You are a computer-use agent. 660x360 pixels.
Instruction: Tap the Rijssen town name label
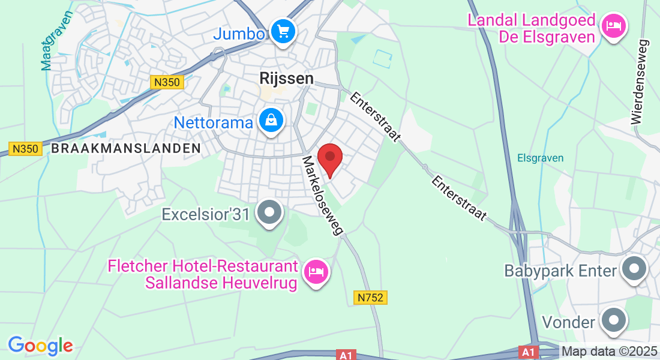tap(287, 78)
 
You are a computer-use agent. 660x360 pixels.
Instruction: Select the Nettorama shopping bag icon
tap(271, 121)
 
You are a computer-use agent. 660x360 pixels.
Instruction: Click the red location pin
tap(329, 158)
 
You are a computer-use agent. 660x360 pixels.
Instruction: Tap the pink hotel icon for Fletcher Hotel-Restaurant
tap(315, 272)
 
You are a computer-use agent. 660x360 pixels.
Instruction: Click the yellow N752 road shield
tap(370, 297)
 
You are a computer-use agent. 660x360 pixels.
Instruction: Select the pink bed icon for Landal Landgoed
tap(613, 26)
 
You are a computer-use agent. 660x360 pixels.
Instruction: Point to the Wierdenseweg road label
tap(640, 82)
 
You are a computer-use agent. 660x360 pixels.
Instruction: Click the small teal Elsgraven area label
tap(541, 158)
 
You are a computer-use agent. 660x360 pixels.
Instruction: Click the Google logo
tap(40, 346)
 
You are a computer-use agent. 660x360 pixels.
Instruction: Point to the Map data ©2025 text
tap(610, 351)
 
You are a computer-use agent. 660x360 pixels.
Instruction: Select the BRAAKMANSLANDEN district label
tap(125, 148)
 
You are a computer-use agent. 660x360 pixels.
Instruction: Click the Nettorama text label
tap(214, 123)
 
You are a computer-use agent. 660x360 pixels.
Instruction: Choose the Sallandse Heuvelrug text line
tap(221, 283)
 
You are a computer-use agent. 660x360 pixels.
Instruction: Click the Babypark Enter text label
tap(560, 271)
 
